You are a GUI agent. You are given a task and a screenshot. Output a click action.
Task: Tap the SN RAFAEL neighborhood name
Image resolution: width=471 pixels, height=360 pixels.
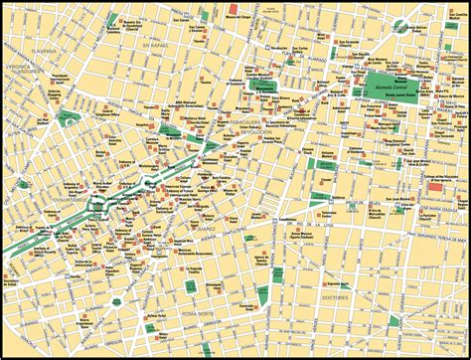151,47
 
